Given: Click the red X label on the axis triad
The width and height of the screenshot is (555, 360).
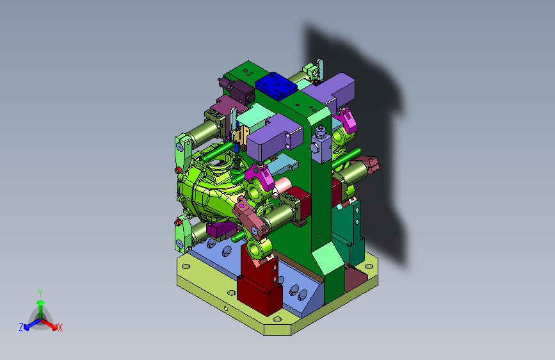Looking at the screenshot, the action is click(60, 327).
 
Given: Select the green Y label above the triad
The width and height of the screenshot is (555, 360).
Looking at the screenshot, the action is click(40, 293).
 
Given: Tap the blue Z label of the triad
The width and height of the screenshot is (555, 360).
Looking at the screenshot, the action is click(21, 327).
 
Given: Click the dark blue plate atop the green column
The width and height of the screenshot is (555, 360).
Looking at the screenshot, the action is click(276, 86).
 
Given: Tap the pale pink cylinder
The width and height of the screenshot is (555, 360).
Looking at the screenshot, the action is click(282, 186).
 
